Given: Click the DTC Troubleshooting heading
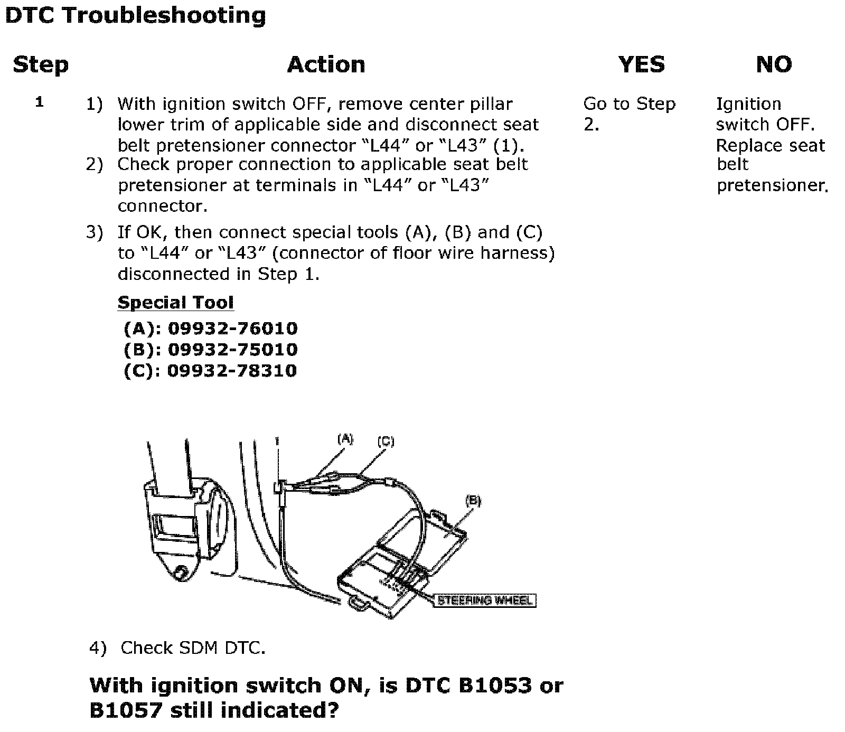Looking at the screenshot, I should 135,15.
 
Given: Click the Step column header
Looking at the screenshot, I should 41,65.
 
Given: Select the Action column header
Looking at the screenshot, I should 326,65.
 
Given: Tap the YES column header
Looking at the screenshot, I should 641,65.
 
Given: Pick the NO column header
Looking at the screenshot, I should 774,65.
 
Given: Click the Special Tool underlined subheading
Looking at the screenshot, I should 175,303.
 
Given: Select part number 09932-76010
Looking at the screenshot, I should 232,329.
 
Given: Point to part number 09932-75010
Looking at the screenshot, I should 232,350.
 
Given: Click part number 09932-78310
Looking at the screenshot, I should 232,371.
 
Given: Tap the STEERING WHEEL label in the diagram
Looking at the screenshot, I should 484,600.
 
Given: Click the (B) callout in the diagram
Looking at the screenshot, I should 473,500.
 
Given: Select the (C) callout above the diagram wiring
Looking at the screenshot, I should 386,441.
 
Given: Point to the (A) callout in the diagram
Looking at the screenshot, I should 345,438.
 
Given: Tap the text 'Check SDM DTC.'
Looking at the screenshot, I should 193,648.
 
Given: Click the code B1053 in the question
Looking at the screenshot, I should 495,686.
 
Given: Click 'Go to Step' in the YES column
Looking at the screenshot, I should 629,104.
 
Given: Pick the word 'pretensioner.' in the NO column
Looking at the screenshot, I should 772,185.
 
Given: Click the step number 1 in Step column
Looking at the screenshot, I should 39,102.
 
